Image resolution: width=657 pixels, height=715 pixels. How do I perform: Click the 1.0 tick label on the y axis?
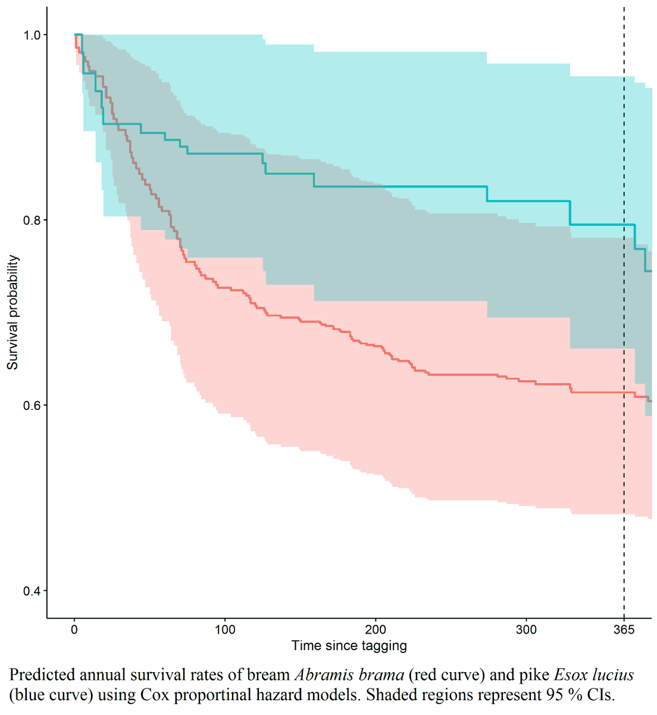coord(32,35)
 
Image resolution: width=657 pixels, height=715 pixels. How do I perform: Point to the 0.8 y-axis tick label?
coord(32,220)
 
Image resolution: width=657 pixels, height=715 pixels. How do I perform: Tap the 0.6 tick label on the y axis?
coord(32,406)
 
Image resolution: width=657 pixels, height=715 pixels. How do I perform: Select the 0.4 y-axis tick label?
coord(32,591)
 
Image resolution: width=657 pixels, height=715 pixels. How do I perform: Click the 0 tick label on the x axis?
coord(74,630)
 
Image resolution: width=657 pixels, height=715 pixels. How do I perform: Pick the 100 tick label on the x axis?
coord(225,630)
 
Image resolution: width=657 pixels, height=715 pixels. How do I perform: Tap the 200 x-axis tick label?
coord(376,630)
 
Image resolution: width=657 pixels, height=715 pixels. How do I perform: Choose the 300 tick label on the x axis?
coord(526,630)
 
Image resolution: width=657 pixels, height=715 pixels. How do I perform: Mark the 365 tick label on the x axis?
coord(624,630)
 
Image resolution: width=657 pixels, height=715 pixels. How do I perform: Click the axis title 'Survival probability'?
coord(13,313)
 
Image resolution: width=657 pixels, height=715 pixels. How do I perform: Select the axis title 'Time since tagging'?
coord(349,646)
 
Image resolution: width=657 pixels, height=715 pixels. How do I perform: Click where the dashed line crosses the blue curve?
coord(624,225)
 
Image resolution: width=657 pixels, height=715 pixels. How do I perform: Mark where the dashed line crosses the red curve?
coord(624,392)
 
